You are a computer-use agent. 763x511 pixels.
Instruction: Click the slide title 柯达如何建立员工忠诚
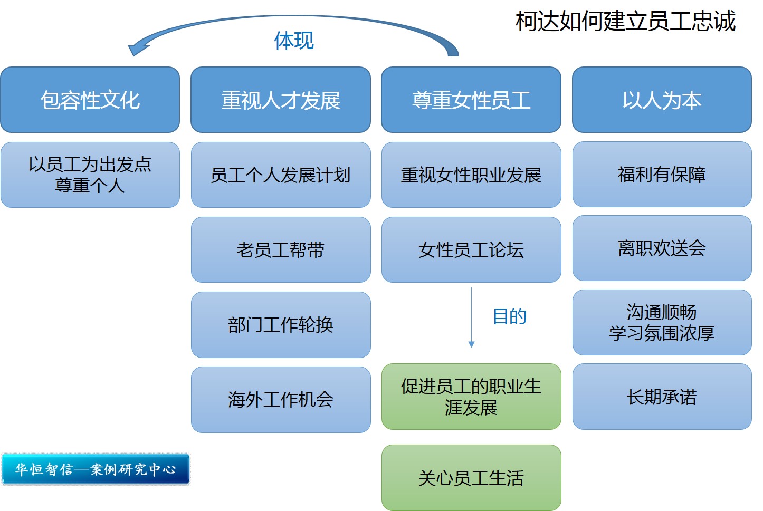click(625, 22)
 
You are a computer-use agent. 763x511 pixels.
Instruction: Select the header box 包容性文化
click(90, 100)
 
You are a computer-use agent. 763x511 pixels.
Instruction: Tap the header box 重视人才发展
click(281, 100)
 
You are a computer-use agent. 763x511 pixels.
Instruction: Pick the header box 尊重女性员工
click(471, 100)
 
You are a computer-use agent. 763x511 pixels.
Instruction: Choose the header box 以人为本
click(662, 100)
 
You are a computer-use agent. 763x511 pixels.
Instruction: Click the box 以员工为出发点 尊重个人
click(90, 175)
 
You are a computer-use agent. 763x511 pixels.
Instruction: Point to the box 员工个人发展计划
click(281, 175)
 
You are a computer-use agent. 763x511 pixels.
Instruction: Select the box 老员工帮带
click(281, 249)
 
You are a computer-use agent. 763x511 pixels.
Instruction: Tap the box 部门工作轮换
click(281, 324)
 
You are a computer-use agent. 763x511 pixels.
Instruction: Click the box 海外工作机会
click(281, 399)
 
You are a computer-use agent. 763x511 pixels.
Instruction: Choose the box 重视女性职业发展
click(471, 175)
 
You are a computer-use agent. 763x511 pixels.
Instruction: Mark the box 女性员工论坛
click(471, 249)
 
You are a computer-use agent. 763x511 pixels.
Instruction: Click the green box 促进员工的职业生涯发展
click(471, 397)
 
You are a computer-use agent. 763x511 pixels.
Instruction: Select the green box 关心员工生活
click(471, 477)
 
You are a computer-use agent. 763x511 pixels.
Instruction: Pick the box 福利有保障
click(662, 174)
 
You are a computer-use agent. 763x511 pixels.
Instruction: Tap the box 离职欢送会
click(662, 248)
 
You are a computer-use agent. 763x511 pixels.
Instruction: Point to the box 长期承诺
click(662, 397)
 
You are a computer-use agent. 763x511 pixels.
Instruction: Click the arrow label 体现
click(294, 41)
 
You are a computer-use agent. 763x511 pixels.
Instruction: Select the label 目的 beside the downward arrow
click(509, 316)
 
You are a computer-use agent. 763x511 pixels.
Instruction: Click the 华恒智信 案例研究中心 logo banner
click(96, 469)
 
